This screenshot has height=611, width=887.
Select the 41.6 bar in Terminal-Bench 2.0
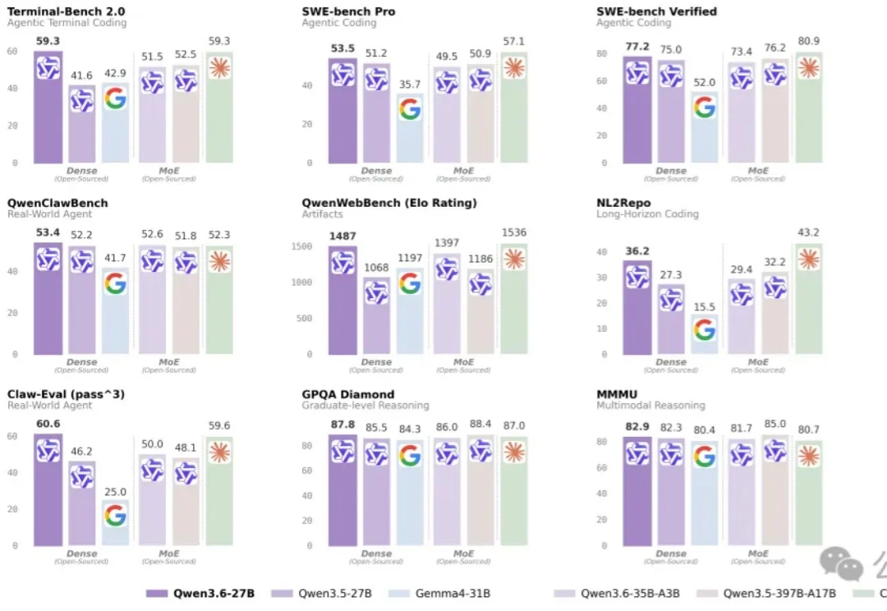coord(81,123)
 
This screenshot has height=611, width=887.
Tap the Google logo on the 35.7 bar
coord(410,109)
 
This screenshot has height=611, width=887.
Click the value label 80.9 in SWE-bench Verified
coord(809,41)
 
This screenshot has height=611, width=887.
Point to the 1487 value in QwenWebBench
coord(342,237)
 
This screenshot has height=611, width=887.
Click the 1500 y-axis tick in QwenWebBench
coord(301,246)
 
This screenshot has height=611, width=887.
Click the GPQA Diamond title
coord(348,394)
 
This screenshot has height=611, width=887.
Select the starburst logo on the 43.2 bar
coord(809,260)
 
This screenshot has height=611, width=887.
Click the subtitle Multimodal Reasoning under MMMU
coord(650,406)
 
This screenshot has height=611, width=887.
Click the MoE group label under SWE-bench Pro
coord(463,171)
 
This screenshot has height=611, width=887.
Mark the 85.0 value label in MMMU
coord(774,425)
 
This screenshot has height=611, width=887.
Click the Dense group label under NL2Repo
coord(671,362)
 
